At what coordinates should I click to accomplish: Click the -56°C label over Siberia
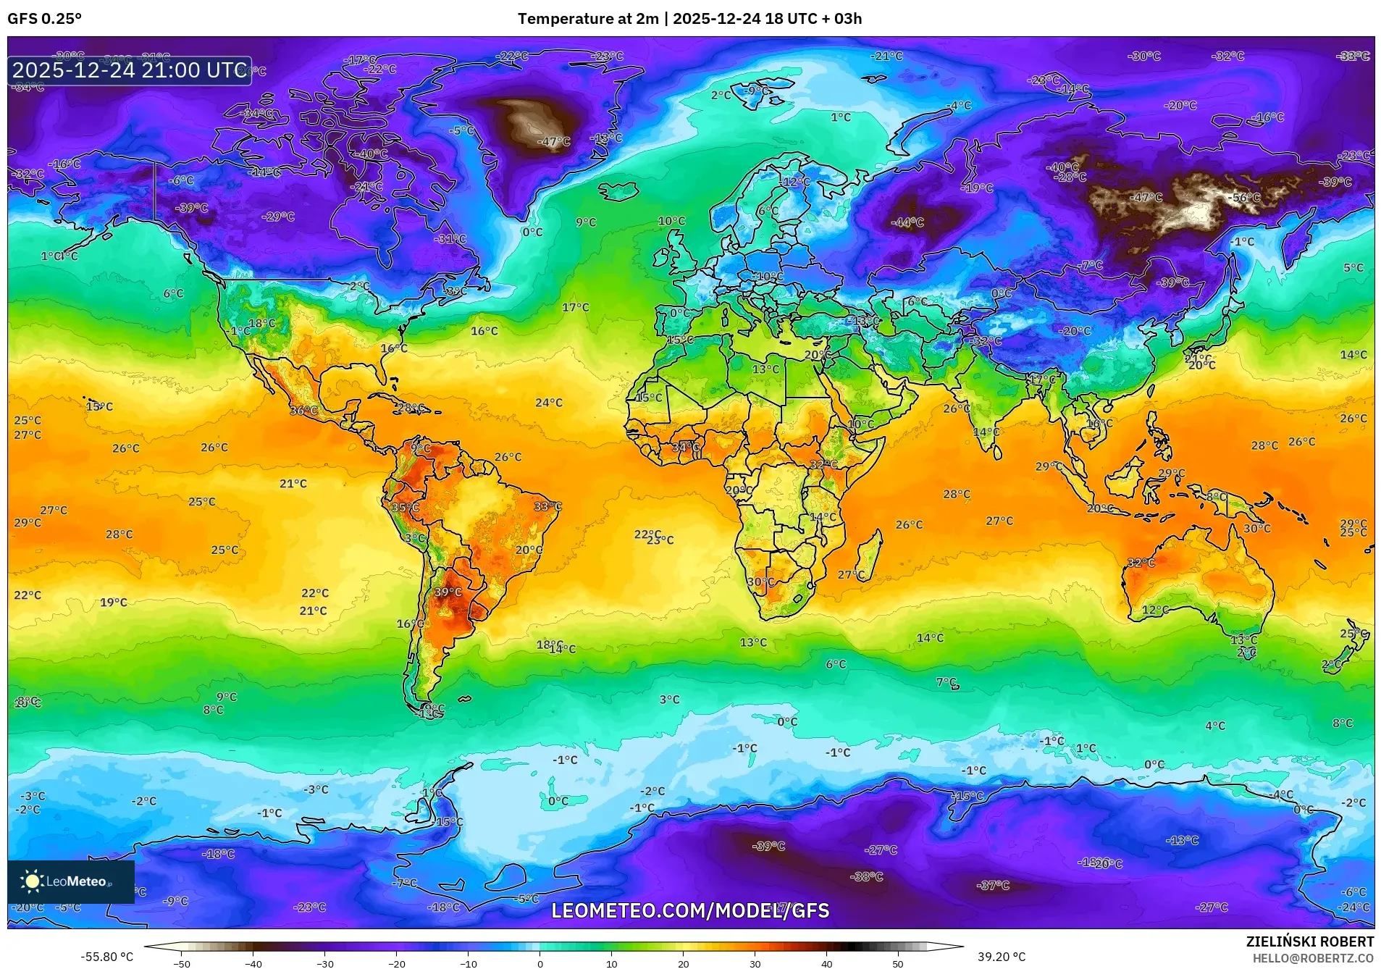click(x=1246, y=198)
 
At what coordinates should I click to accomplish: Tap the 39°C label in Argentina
click(x=448, y=592)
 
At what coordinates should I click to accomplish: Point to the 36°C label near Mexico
click(x=303, y=411)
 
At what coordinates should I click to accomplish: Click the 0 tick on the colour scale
click(x=540, y=963)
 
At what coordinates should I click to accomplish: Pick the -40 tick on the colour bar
click(x=253, y=963)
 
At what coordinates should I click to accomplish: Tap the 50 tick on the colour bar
click(x=898, y=963)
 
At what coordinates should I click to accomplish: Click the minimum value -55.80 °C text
click(x=106, y=957)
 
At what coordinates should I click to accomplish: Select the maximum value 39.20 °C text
click(x=1002, y=957)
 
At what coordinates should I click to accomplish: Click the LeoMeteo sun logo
click(x=32, y=881)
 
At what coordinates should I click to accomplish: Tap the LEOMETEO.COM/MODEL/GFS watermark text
click(x=690, y=910)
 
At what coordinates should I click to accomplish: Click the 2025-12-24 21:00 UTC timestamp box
click(x=130, y=70)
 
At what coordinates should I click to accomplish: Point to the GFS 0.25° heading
click(x=44, y=19)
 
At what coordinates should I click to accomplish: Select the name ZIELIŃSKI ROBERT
click(x=1309, y=941)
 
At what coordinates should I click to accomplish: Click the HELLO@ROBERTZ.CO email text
click(x=1313, y=958)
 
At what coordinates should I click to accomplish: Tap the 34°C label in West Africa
click(x=686, y=448)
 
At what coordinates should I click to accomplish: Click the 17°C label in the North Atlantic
click(x=575, y=307)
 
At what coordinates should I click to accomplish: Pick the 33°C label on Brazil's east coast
click(x=547, y=506)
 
